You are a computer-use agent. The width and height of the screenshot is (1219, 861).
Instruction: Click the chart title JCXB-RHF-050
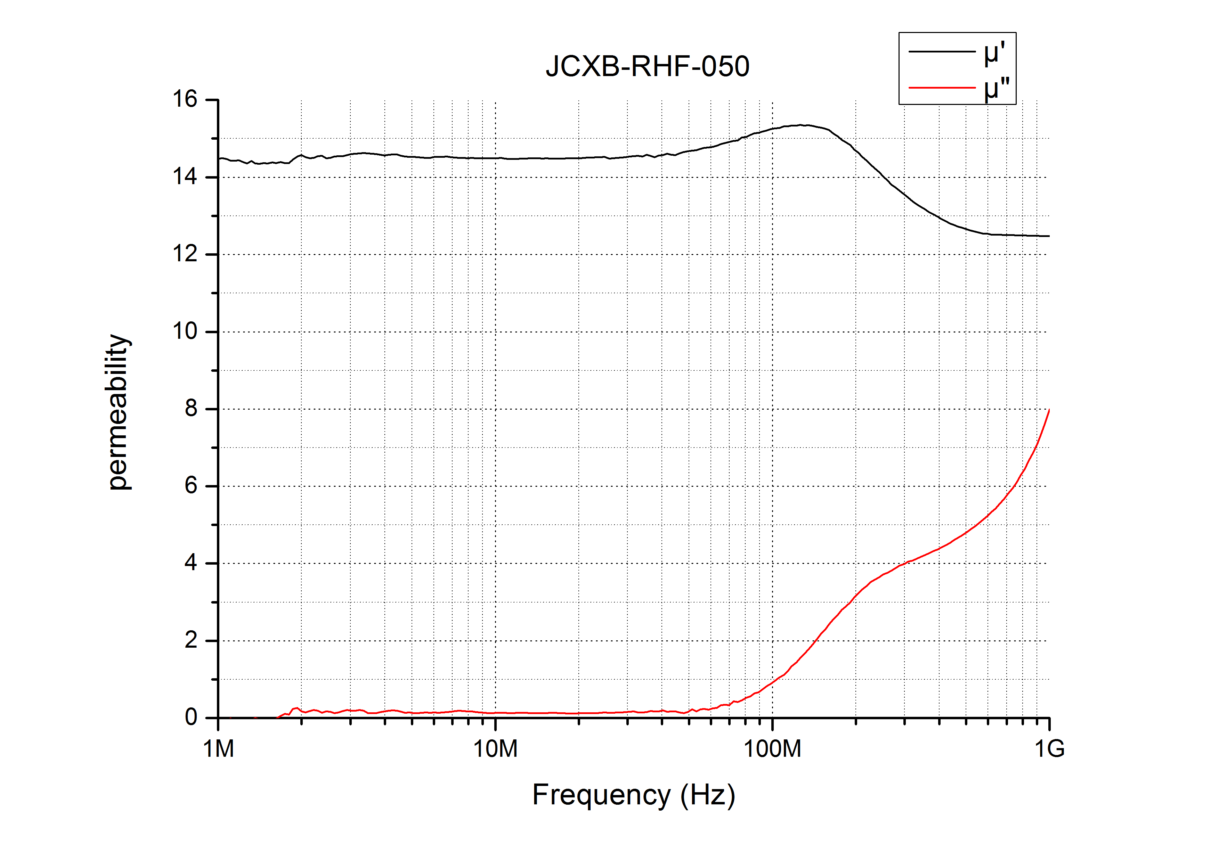tap(647, 67)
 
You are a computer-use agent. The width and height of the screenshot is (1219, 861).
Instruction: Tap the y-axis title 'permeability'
tap(118, 412)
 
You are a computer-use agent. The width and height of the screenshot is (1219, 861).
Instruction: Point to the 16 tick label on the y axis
tap(185, 99)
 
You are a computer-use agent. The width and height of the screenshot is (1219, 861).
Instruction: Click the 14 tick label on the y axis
tap(185, 177)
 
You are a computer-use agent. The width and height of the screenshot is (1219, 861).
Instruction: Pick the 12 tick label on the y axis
tap(185, 254)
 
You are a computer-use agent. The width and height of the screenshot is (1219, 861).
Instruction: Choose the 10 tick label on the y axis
tap(185, 332)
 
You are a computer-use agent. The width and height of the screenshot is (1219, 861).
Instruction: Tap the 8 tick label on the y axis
tap(191, 409)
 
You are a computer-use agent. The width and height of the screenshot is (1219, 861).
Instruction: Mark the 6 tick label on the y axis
tap(191, 486)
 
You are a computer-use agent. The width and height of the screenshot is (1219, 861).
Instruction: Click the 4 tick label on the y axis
tap(191, 563)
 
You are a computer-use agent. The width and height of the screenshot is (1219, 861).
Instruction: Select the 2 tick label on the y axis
tap(191, 641)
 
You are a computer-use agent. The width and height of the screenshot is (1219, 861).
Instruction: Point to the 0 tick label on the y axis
tap(191, 718)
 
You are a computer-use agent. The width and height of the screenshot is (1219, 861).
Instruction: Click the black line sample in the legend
tap(942, 51)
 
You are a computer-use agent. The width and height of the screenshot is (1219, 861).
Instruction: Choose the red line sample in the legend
tap(942, 88)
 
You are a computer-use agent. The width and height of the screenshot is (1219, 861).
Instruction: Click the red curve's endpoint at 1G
tap(1049, 410)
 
